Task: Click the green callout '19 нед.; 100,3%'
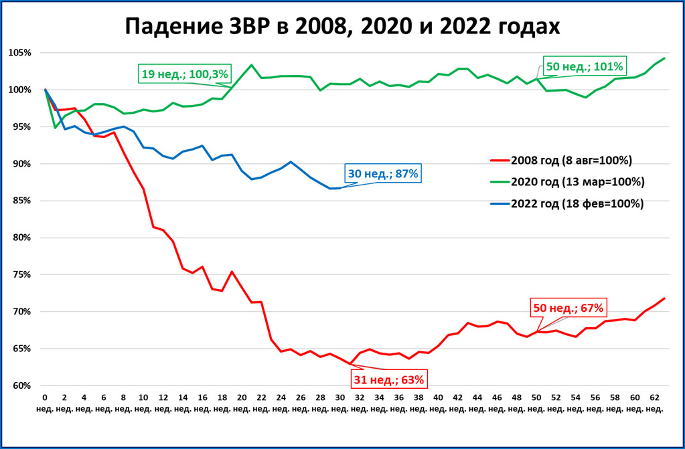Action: pyautogui.click(x=184, y=73)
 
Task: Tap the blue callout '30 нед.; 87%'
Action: pyautogui.click(x=383, y=173)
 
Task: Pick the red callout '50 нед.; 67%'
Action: pyautogui.click(x=568, y=308)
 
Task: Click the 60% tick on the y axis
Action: pyautogui.click(x=21, y=385)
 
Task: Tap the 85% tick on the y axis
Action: pyautogui.click(x=21, y=201)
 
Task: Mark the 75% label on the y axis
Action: pyautogui.click(x=21, y=274)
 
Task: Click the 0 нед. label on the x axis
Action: pyautogui.click(x=45, y=403)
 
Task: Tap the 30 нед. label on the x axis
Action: pyautogui.click(x=340, y=403)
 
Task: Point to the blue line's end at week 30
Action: pyautogui.click(x=339, y=188)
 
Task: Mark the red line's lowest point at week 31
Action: pyautogui.click(x=350, y=364)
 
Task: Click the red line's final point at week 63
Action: pyautogui.click(x=664, y=298)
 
